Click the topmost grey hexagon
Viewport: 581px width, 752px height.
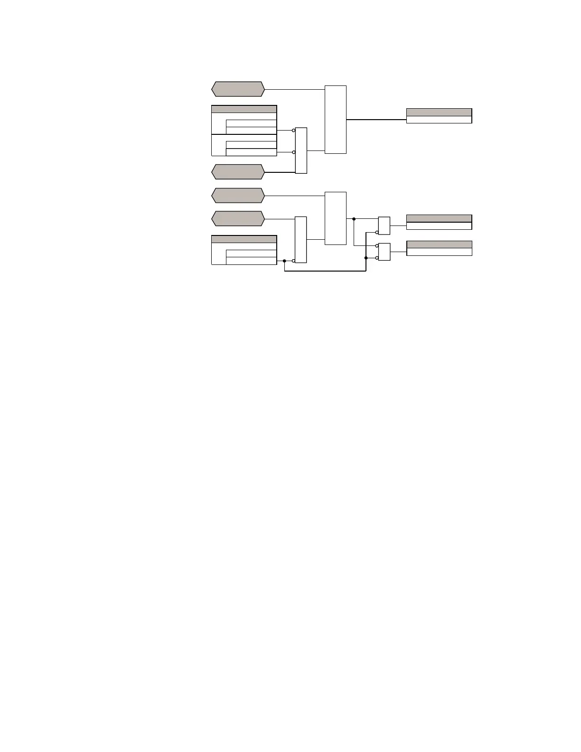pyautogui.click(x=237, y=89)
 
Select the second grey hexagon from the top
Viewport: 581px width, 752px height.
pyautogui.click(x=237, y=171)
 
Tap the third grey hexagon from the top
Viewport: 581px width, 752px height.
pyautogui.click(x=237, y=195)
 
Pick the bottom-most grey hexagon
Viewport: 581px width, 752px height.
pyautogui.click(x=237, y=218)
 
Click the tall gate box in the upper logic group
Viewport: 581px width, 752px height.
pyautogui.click(x=336, y=120)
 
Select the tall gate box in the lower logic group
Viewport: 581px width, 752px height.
pyautogui.click(x=336, y=218)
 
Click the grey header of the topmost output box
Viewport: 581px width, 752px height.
pyautogui.click(x=439, y=113)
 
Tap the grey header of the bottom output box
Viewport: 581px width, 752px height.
pyautogui.click(x=439, y=244)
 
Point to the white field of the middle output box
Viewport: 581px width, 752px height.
pyautogui.click(x=439, y=226)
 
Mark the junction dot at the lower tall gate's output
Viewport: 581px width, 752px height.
pyautogui.click(x=354, y=219)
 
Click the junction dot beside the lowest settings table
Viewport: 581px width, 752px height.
pyautogui.click(x=284, y=261)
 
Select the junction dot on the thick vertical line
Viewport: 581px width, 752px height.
pyautogui.click(x=366, y=258)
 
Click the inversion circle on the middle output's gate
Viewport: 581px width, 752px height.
pyautogui.click(x=377, y=233)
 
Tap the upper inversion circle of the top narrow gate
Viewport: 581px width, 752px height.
pyautogui.click(x=294, y=130)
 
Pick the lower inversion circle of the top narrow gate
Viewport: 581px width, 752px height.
pyautogui.click(x=294, y=152)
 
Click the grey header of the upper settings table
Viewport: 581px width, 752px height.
pyautogui.click(x=244, y=109)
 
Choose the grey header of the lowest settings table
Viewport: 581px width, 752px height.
pyautogui.click(x=244, y=239)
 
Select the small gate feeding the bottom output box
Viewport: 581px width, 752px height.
pyautogui.click(x=384, y=252)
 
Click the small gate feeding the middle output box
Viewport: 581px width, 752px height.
pyautogui.click(x=384, y=226)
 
